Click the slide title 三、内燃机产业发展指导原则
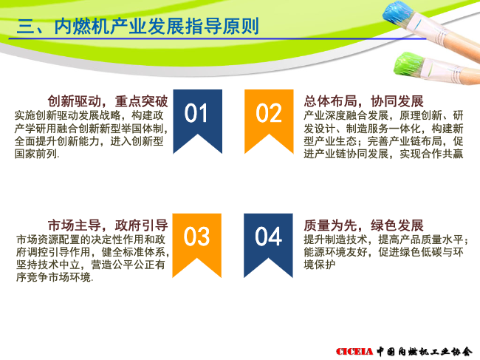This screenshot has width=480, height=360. coord(138,26)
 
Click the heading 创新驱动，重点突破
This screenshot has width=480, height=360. coord(108,101)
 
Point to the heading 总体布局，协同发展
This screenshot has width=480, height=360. coord(363,101)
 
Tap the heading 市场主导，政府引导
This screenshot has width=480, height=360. coord(108,225)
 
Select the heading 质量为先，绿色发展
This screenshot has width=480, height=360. coord(363,225)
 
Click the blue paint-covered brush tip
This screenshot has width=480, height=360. coord(398,14)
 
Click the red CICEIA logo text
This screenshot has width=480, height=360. coord(354,351)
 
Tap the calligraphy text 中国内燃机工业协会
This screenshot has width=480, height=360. coord(425,351)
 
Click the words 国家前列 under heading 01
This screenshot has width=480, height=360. coord(36,154)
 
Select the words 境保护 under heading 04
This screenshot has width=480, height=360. coord(320,265)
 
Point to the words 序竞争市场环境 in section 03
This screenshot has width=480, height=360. coord(54,277)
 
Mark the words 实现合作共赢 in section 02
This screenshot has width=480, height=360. coord(431,154)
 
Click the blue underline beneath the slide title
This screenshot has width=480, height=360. coord(217,38)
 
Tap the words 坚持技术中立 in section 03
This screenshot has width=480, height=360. coord(48,265)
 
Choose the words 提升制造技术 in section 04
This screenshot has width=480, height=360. coord(335,240)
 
